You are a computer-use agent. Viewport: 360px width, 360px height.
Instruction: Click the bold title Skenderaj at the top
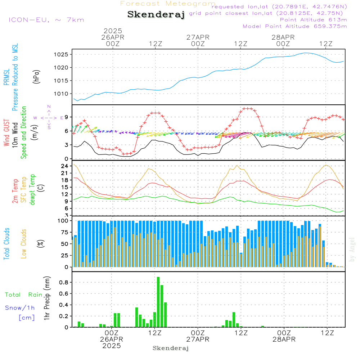coord(156,14)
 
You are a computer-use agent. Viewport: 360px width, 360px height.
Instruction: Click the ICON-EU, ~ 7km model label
coord(46,20)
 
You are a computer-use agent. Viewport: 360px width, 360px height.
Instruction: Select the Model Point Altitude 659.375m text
coord(295,26)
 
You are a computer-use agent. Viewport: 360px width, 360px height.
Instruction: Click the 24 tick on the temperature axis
coord(65,166)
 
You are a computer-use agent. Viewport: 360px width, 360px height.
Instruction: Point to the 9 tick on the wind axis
coord(67,117)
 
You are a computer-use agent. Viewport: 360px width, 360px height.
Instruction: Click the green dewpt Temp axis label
coord(33,190)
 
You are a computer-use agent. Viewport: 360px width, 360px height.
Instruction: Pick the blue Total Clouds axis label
coord(6,244)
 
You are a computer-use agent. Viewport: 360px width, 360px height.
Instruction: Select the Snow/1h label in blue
coord(20,308)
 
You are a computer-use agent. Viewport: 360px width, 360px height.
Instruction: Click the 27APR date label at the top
coord(198,37)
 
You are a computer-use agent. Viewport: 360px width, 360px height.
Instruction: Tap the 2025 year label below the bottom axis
coord(112,346)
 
